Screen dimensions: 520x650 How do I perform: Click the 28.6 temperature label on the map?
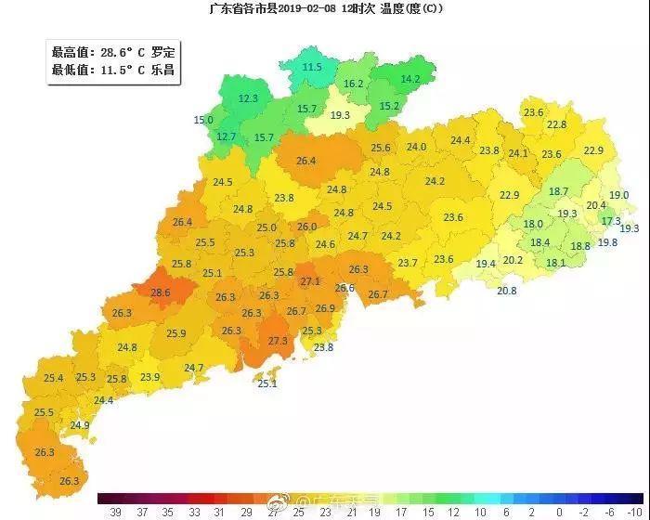(161, 292)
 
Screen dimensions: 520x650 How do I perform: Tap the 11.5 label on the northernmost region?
(312, 67)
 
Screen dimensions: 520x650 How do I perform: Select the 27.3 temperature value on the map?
(278, 341)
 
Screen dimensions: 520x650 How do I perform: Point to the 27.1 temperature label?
(310, 281)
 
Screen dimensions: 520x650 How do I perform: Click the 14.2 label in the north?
(409, 79)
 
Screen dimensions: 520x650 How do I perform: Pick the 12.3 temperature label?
(248, 98)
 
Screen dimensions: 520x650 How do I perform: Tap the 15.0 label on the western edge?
(202, 121)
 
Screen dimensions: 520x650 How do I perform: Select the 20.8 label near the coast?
(506, 291)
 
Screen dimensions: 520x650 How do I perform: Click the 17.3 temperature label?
(610, 221)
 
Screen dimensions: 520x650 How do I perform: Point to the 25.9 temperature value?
(175, 333)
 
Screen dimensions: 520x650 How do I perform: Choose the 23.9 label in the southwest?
(149, 377)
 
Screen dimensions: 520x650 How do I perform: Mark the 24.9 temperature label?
(80, 425)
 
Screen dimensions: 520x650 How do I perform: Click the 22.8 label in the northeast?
(556, 124)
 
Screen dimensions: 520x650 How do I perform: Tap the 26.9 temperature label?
(325, 308)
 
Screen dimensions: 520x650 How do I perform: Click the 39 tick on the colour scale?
(115, 512)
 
